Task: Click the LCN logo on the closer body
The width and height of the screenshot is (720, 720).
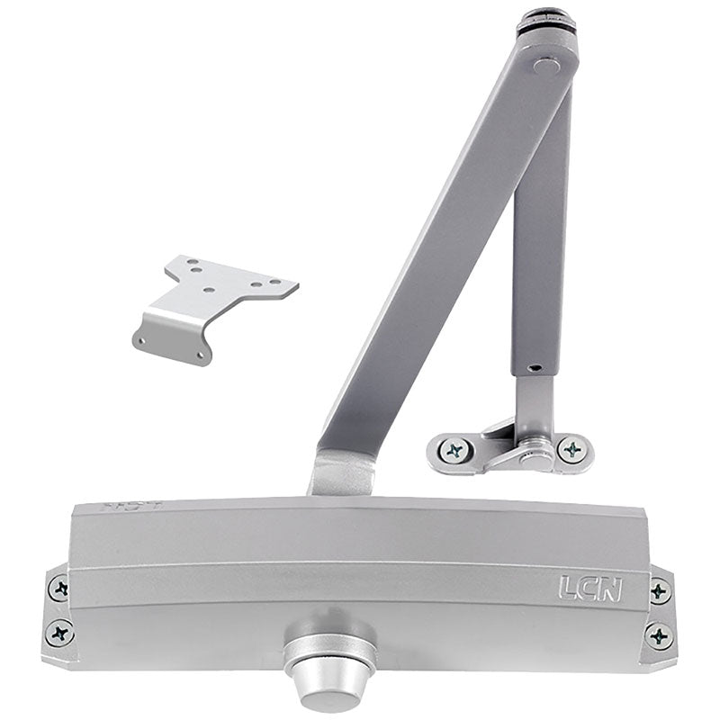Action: [x=589, y=588]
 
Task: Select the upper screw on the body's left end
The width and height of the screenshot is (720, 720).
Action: [x=59, y=589]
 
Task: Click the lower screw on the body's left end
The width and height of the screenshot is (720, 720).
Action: [x=61, y=632]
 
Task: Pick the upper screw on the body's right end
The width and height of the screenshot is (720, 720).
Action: [x=660, y=591]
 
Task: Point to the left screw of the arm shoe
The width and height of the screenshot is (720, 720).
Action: [x=454, y=449]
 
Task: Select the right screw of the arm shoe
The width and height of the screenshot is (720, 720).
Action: [x=571, y=449]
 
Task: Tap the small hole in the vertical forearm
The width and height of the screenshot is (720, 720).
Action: [x=534, y=367]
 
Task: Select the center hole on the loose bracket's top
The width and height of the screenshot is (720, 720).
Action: [x=208, y=291]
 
